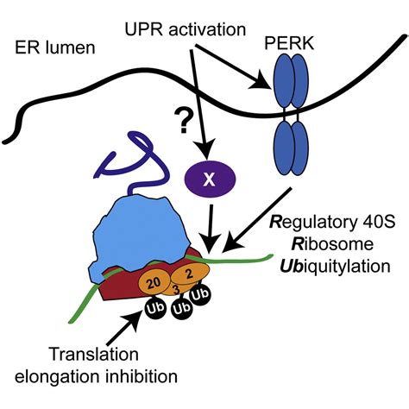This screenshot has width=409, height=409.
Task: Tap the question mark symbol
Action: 184,122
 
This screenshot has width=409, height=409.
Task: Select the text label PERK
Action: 289,44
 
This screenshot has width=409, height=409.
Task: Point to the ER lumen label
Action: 54,47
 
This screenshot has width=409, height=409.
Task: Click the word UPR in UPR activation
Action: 144,29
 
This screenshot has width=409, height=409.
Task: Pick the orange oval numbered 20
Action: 154,283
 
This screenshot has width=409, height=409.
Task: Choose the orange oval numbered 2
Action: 190,274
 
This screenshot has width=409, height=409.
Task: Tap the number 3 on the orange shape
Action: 175,288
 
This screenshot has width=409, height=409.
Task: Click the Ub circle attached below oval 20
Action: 155,307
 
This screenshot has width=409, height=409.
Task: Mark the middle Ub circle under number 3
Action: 182,309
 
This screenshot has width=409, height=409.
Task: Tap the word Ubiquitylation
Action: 335,266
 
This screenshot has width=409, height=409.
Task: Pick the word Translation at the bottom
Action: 94,355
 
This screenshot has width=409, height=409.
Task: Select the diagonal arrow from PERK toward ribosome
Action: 258,220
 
